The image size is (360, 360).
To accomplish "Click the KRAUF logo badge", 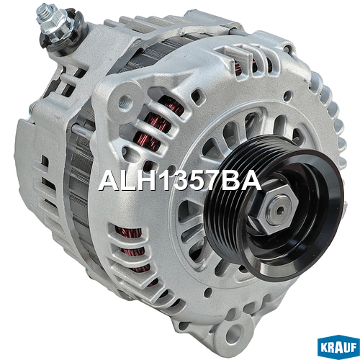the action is pos(338,346).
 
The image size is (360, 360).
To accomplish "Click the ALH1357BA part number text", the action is pos(179,181).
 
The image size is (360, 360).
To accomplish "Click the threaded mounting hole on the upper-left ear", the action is pos(126,100).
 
